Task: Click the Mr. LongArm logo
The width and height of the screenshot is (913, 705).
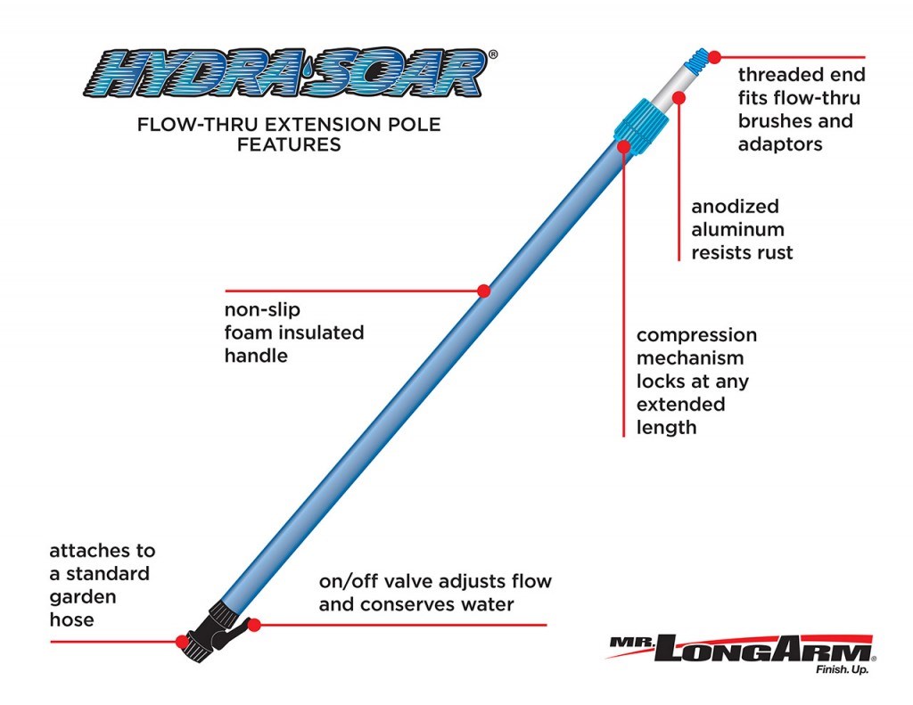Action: pyautogui.click(x=740, y=648)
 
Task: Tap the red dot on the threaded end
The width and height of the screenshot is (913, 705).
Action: pyautogui.click(x=714, y=56)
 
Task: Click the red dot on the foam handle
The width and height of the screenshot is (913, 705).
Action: pyautogui.click(x=484, y=291)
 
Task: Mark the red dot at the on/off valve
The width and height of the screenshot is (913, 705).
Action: pyautogui.click(x=254, y=625)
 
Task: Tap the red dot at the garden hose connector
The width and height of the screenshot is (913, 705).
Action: pyautogui.click(x=182, y=641)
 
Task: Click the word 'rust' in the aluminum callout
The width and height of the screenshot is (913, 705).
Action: pyautogui.click(x=772, y=252)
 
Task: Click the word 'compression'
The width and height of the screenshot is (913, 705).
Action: pyautogui.click(x=696, y=335)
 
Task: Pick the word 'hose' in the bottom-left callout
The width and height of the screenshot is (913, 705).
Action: pyautogui.click(x=70, y=619)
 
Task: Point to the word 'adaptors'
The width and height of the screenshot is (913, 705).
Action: pyautogui.click(x=780, y=143)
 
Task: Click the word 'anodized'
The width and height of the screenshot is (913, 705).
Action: pyautogui.click(x=736, y=207)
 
